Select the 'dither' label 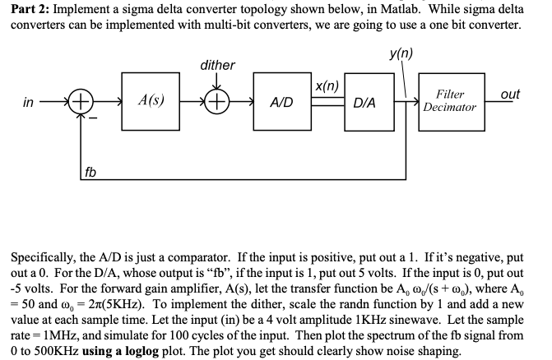coord(217,65)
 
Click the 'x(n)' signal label coord(327,85)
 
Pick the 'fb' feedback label coord(90,172)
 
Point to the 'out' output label coord(510,94)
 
